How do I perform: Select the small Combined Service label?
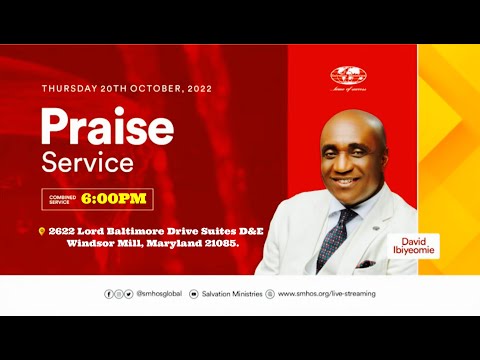tap(63, 198)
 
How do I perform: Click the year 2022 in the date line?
tap(194, 88)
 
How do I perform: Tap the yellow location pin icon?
tap(41, 230)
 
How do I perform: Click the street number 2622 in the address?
tap(63, 230)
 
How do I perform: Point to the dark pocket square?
tap(366, 263)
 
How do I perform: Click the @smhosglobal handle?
tap(156, 294)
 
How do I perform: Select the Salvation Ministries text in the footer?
tap(232, 294)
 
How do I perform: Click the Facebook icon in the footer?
tap(109, 294)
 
